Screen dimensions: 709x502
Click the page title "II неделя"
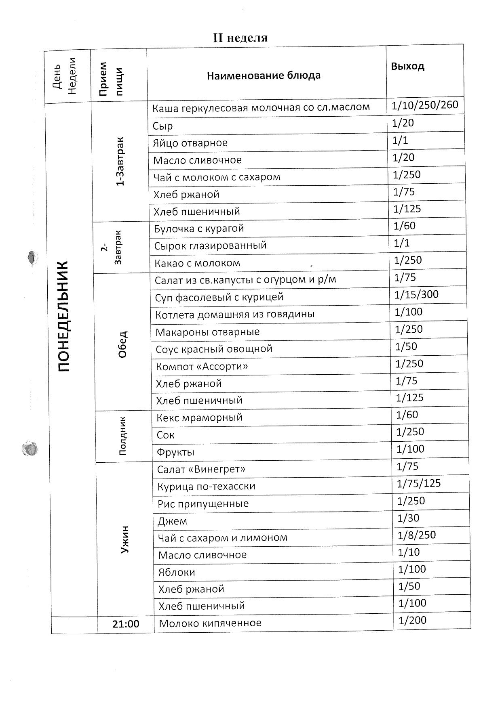tap(240, 38)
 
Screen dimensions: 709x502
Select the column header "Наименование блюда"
tap(264, 76)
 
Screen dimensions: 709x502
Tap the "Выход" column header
tap(407, 66)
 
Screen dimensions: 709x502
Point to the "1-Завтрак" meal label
tap(120, 162)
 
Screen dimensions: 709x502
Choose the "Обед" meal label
tap(122, 344)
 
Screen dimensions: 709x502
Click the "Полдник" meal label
tap(123, 436)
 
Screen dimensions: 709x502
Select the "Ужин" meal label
tap(124, 539)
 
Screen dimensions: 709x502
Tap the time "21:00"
tap(126, 624)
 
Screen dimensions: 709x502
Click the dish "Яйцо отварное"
tap(190, 143)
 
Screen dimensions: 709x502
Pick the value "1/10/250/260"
tap(425, 105)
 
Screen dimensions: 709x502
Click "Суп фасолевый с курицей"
tap(219, 298)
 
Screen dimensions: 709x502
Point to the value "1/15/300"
tap(416, 294)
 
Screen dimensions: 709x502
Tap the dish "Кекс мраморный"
tap(199, 417)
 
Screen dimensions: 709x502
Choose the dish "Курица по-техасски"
tap(206, 487)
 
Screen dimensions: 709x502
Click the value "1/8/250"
tap(417, 535)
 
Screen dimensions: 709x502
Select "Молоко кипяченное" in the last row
tap(210, 623)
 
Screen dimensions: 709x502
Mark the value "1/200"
tap(412, 620)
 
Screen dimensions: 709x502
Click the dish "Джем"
tap(172, 521)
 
